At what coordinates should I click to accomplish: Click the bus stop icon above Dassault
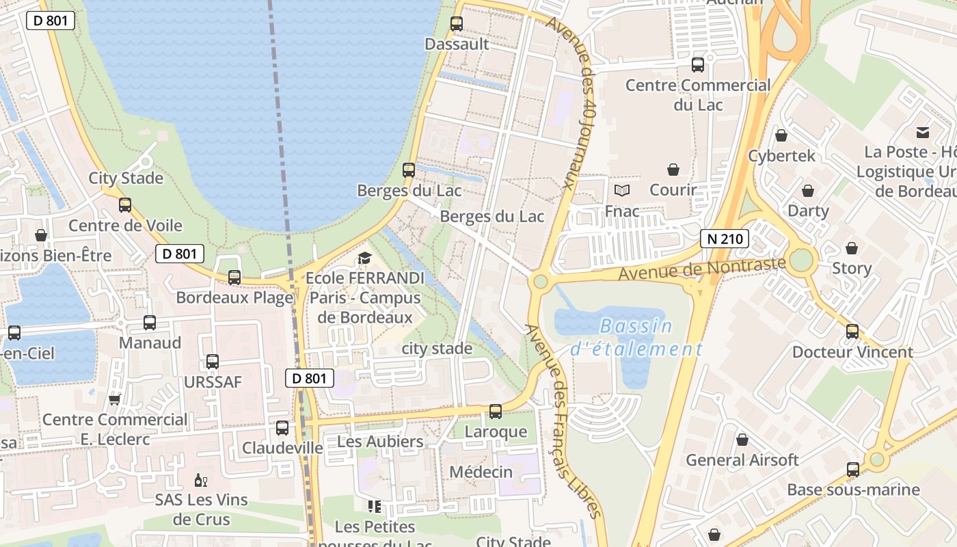pyautogui.click(x=457, y=24)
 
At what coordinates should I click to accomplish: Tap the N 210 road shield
pyautogui.click(x=725, y=239)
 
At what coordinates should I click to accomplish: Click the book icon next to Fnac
pyautogui.click(x=622, y=190)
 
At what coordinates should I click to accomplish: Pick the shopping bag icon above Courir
pyautogui.click(x=673, y=169)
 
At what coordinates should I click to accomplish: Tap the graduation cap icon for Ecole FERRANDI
pyautogui.click(x=364, y=258)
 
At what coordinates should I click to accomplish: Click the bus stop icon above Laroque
pyautogui.click(x=496, y=412)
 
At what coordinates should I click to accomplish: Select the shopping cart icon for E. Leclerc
pyautogui.click(x=115, y=399)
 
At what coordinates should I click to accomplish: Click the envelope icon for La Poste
pyautogui.click(x=923, y=131)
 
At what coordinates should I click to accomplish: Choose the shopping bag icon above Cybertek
pyautogui.click(x=781, y=135)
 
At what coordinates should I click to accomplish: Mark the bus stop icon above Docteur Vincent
pyautogui.click(x=852, y=332)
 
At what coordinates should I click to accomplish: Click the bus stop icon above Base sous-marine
pyautogui.click(x=853, y=470)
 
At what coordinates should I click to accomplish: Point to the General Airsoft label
pyautogui.click(x=742, y=460)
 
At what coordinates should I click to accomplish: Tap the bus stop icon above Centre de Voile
pyautogui.click(x=125, y=205)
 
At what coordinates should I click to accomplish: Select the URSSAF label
pyautogui.click(x=213, y=382)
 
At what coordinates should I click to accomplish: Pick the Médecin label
pyautogui.click(x=481, y=472)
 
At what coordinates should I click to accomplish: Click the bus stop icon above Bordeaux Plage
pyautogui.click(x=234, y=278)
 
